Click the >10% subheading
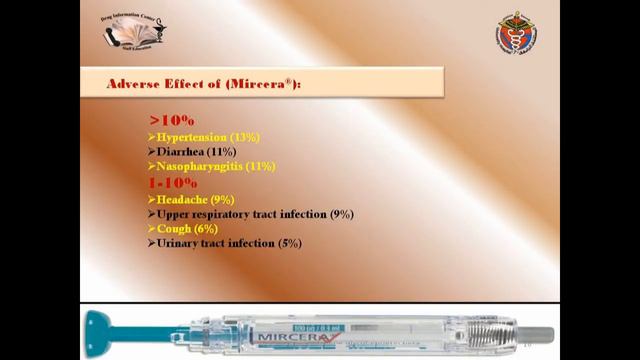(172, 120)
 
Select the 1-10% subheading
(173, 183)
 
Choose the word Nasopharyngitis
(199, 166)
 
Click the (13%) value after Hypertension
(246, 136)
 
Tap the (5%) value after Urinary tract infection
(288, 243)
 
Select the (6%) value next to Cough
(206, 228)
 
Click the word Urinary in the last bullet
(179, 243)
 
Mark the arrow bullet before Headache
(151, 199)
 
